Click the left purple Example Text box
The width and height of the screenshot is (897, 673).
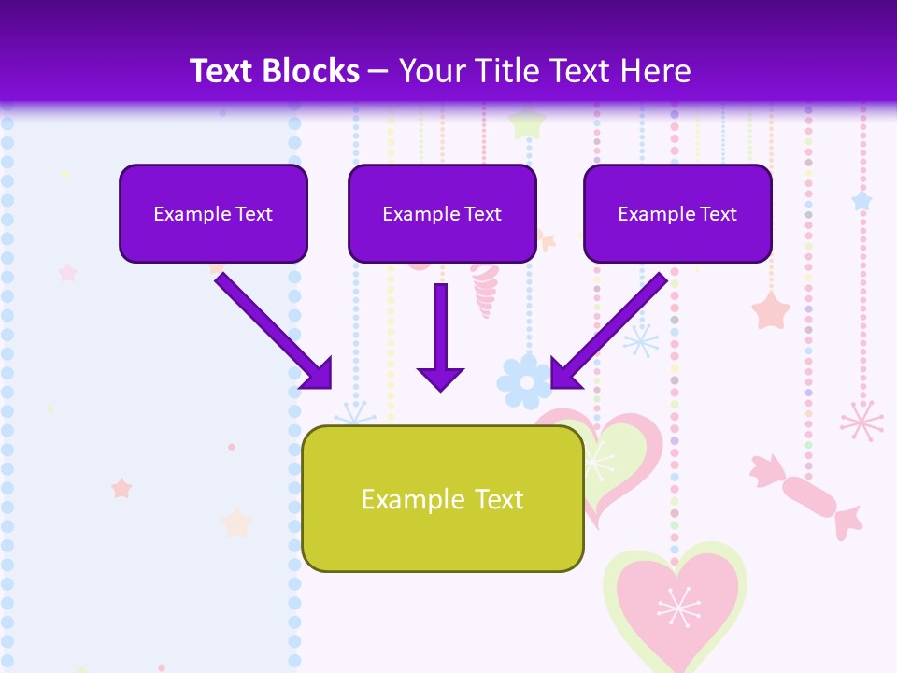[213, 213]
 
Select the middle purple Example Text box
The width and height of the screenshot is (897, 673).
[442, 213]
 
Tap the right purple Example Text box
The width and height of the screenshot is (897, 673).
[677, 213]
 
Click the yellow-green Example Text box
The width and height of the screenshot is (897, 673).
[442, 498]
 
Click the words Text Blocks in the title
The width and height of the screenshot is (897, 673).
[275, 71]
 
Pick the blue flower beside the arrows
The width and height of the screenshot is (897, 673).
[523, 380]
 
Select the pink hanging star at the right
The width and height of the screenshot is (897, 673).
[771, 310]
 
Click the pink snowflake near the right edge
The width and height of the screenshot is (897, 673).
[861, 421]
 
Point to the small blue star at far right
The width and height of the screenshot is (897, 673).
[861, 201]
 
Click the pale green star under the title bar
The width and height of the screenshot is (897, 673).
[528, 122]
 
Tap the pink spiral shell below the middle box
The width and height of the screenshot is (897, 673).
[485, 291]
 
